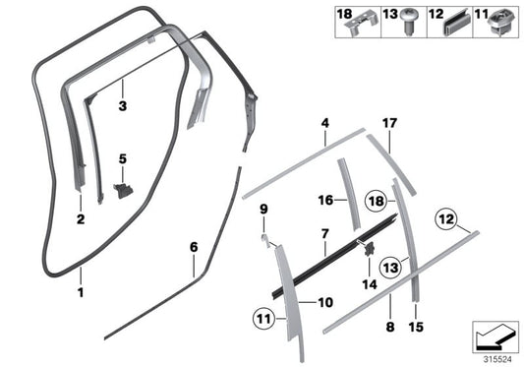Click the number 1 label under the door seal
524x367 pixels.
point(82,293)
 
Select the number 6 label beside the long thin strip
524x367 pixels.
point(194,246)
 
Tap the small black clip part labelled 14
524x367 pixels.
point(370,249)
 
